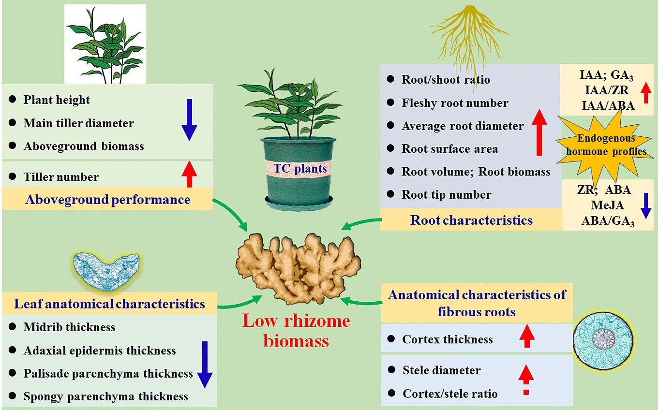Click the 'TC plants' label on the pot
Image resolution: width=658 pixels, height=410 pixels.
[x=297, y=169]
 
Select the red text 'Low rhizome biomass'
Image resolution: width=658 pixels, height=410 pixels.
[x=296, y=330]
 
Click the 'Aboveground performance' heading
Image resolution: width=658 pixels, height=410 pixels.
[x=107, y=199]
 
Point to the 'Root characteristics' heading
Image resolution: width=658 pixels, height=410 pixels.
[x=471, y=220]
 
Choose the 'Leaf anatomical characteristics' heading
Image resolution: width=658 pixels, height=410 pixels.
[x=109, y=304]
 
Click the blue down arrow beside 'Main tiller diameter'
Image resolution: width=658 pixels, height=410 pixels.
[x=189, y=119]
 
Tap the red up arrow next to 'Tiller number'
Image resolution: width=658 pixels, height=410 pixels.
[x=189, y=175]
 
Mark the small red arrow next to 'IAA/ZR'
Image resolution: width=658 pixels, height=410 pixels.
[x=645, y=93]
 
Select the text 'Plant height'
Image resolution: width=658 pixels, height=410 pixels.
[x=57, y=100]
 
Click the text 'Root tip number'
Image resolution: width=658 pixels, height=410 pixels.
[x=446, y=195]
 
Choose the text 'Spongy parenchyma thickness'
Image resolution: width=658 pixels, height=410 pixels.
[x=105, y=396]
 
